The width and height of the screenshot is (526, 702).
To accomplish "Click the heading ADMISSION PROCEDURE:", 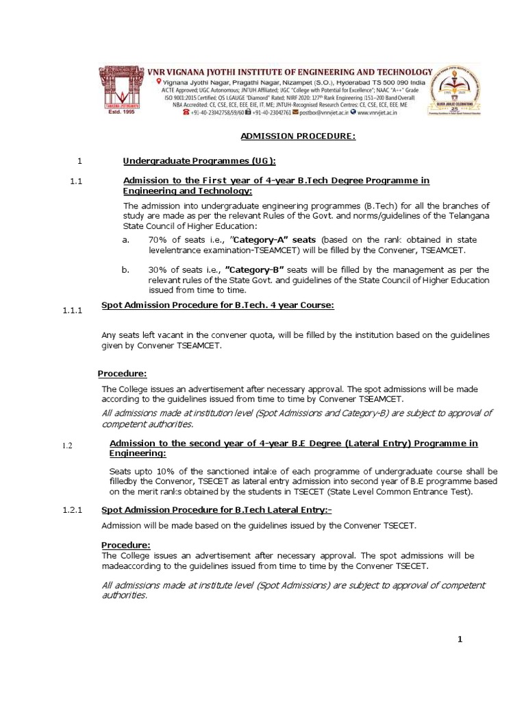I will [298, 136].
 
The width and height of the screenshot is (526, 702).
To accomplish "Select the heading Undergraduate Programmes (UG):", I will [199, 161].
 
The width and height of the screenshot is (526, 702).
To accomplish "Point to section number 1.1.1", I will [72, 311].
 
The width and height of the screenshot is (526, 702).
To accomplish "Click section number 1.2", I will [67, 446].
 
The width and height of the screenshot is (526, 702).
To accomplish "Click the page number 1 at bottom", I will [460, 640].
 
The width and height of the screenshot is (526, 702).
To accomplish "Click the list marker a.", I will [125, 240].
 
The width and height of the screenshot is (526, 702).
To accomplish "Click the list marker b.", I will [125, 269].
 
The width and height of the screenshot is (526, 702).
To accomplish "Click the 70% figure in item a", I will [158, 240].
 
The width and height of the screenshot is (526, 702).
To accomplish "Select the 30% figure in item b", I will [158, 269].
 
